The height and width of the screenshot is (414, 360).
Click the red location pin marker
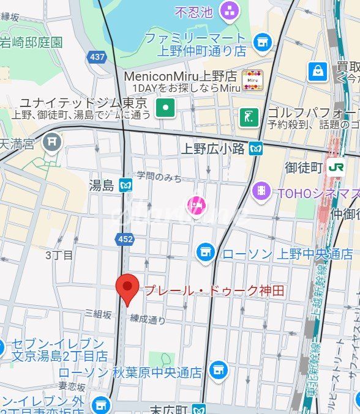(127, 289)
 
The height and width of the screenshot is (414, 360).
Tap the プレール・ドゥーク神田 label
(214, 291)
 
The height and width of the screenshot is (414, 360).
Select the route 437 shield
(97, 57)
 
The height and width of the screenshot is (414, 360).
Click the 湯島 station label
(101, 185)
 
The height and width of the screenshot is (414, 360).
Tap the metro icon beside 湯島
(126, 185)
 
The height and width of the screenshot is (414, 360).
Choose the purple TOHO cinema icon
(261, 191)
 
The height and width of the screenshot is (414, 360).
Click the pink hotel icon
(195, 206)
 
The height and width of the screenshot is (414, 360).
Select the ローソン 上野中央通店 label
(287, 254)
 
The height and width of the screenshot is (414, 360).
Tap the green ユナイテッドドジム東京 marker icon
(165, 109)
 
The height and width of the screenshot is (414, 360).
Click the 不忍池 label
(194, 11)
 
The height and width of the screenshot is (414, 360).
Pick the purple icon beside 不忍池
(230, 10)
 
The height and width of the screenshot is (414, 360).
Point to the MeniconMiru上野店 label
(180, 76)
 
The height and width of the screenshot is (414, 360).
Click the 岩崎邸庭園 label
(31, 42)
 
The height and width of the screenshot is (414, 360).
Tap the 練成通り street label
(147, 319)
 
